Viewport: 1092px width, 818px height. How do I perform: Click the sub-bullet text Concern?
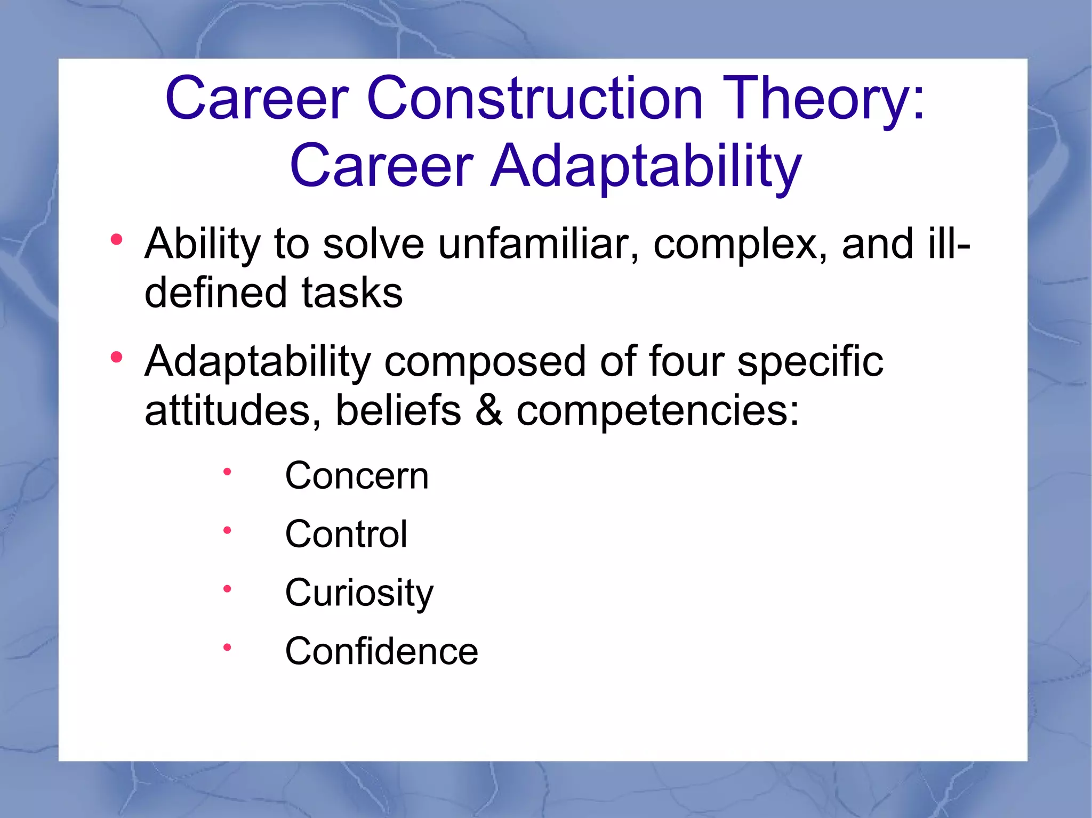coord(357,475)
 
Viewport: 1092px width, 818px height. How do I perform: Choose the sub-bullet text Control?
coord(346,534)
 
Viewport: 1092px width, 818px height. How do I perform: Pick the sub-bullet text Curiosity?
coord(359,593)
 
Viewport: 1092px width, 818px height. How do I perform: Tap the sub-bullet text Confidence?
coord(382,651)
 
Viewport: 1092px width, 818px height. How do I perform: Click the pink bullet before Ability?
coord(117,240)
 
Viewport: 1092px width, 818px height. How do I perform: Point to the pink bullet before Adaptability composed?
coord(117,357)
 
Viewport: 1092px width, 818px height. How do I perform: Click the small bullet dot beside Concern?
coord(227,472)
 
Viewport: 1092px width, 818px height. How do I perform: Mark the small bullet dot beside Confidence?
coord(227,647)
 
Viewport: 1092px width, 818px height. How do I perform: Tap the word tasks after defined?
coord(352,293)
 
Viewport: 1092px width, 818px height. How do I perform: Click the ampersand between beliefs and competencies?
coord(488,411)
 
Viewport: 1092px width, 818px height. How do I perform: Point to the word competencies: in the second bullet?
coord(658,411)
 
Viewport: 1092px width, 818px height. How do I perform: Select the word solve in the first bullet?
coord(373,244)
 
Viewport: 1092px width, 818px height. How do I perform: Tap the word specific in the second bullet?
coord(810,361)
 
